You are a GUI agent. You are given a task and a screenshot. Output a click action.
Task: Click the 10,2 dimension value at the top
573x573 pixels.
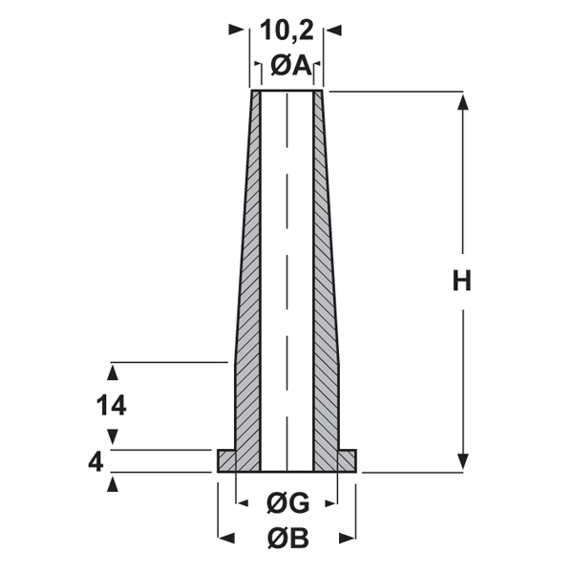pos(286,31)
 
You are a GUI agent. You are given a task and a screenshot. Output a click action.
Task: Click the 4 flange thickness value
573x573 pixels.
pos(95,462)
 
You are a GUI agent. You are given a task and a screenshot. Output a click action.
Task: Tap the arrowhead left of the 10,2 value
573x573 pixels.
pos(236,31)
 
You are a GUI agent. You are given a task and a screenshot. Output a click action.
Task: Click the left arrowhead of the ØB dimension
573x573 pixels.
pos(225,537)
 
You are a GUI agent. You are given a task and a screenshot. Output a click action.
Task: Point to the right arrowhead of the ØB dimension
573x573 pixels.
pos(348,537)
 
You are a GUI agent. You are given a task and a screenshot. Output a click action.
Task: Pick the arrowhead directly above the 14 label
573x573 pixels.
pos(114,371)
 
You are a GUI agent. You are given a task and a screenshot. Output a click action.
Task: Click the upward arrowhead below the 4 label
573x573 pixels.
pos(114,481)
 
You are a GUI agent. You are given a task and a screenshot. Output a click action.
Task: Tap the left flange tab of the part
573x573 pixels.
pos(227,461)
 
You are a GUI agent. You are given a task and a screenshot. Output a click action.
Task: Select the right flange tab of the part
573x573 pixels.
pos(346,461)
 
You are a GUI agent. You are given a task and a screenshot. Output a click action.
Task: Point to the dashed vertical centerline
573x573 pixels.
pos(286,267)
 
